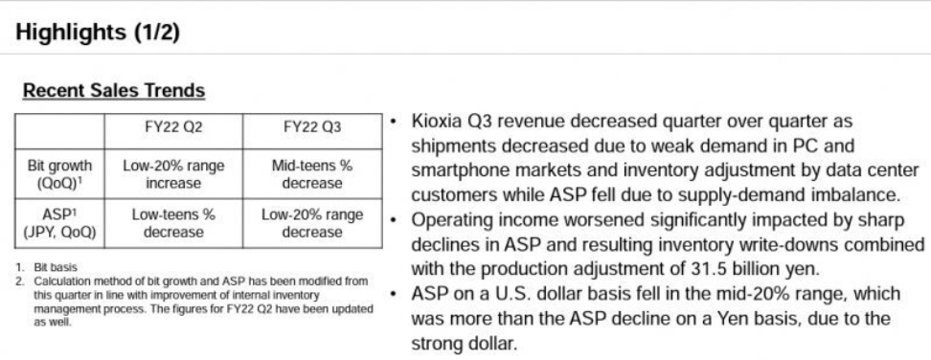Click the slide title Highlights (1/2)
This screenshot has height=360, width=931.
click(98, 32)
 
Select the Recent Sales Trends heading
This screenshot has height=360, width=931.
click(114, 91)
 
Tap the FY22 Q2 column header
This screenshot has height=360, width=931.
click(173, 126)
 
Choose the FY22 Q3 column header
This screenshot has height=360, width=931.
click(312, 126)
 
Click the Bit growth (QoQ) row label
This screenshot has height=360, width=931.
click(59, 173)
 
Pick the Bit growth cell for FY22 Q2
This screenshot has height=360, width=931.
click(173, 173)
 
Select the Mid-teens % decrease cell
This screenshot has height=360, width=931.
click(312, 173)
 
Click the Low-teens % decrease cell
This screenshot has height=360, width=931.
click(173, 224)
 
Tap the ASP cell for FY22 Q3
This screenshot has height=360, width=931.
click(312, 224)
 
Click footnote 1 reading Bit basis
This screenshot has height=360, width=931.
click(56, 267)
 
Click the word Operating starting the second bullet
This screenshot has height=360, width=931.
click(450, 221)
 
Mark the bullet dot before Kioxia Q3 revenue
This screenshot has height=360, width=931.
click(393, 122)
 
